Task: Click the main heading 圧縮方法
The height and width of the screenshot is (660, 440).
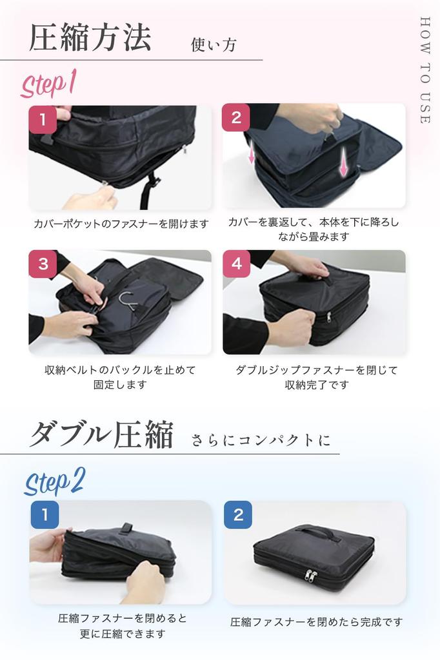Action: (x=90, y=37)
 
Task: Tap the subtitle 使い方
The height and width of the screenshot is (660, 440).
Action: (x=214, y=45)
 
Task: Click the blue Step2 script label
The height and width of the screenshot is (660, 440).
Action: (x=55, y=481)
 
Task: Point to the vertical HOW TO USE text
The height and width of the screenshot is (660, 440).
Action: (x=424, y=70)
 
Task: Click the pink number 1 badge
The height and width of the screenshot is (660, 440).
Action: (x=43, y=119)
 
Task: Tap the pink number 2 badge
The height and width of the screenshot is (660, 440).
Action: (x=235, y=117)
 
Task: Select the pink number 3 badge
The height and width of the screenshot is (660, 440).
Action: (x=43, y=264)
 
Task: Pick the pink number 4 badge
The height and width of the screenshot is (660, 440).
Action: (x=236, y=264)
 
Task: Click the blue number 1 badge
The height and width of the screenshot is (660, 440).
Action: (x=45, y=514)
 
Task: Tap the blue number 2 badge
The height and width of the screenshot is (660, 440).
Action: (x=238, y=514)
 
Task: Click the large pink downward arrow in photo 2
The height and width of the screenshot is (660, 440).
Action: (x=344, y=160)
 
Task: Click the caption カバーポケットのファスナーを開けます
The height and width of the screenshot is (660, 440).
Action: (x=121, y=224)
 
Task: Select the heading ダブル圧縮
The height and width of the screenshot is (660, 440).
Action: (x=101, y=436)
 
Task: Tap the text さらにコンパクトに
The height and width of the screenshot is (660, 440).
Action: (x=261, y=441)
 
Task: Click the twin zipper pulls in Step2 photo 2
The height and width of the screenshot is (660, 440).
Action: (x=311, y=575)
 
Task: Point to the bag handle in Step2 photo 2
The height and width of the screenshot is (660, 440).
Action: (x=315, y=532)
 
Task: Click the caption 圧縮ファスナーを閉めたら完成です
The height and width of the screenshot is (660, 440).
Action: (x=316, y=622)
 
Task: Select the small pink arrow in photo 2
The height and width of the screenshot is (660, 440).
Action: (x=252, y=155)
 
